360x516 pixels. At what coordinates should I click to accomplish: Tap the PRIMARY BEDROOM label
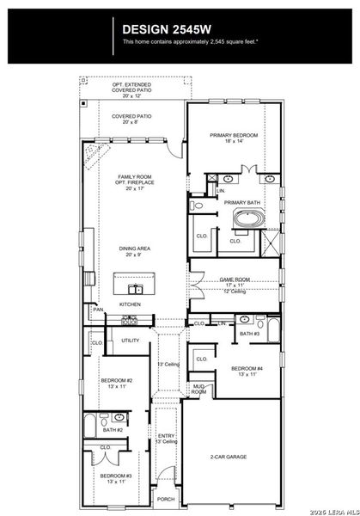(234, 136)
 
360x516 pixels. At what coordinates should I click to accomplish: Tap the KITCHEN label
(130, 304)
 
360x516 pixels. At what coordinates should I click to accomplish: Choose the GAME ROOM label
(235, 279)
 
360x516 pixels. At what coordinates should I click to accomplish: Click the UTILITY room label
(130, 341)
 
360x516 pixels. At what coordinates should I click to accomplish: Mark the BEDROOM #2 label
(117, 381)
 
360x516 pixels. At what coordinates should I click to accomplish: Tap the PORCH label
(166, 499)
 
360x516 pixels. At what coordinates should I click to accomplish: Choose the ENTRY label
(166, 436)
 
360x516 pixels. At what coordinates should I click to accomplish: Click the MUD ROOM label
(198, 389)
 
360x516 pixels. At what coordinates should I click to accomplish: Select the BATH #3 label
(250, 334)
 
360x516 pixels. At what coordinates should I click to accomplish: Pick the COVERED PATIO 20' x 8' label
(131, 119)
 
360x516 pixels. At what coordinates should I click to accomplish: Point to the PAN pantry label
(99, 310)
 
